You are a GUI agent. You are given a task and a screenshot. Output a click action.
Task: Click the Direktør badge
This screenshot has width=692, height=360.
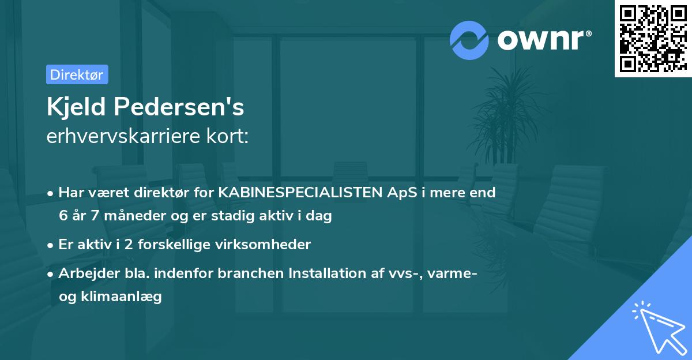tap(77, 74)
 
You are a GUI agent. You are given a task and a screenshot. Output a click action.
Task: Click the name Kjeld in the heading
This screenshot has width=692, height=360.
tap(76, 107)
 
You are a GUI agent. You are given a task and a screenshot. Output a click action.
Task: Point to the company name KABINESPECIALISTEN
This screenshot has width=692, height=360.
tap(300, 193)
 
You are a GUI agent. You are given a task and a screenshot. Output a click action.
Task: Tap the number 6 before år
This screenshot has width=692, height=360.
tap(63, 216)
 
